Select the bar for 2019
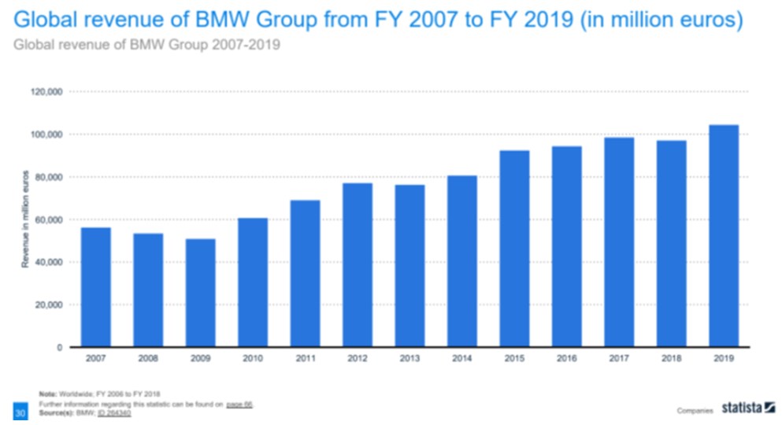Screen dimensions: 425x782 [x=723, y=236]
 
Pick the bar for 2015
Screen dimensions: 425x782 [x=514, y=249]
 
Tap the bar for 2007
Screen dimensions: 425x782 [x=96, y=287]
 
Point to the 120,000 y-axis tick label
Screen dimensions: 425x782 [x=46, y=92]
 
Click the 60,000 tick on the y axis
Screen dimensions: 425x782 [x=49, y=220]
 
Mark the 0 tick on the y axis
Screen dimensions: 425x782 [x=60, y=347]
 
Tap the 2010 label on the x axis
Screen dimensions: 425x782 [x=253, y=359]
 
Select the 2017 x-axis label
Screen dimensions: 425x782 [x=618, y=359]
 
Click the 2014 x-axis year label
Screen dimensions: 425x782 [x=461, y=359]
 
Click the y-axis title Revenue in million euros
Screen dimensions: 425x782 [x=25, y=219]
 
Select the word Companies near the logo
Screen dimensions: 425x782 [x=694, y=410]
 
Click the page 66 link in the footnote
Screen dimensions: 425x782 [x=238, y=405]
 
